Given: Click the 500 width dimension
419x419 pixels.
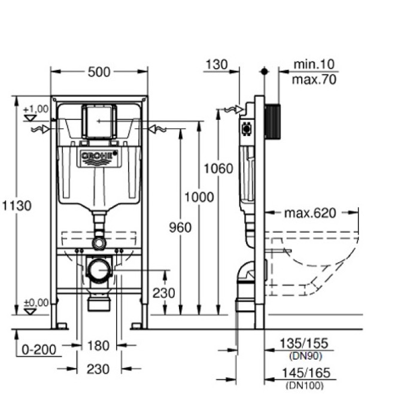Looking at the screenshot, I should pos(99,72).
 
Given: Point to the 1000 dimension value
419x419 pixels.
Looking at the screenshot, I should pos(198,196).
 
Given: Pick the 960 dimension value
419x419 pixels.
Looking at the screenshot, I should pos(180,227).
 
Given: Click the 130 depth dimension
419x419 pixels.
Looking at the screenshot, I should pos(215,65).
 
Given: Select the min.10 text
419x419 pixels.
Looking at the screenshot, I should pos(314,64).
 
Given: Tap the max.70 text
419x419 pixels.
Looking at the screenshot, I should pos(314,79).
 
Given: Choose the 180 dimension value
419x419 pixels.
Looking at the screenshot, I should pos(99,345).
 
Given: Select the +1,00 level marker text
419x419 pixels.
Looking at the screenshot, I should pos(35,109).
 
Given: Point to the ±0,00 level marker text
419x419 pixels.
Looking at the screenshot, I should pos(35,303).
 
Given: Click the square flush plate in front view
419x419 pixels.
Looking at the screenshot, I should pos(98,122).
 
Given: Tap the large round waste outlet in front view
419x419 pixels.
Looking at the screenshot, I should pos(98,270).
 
